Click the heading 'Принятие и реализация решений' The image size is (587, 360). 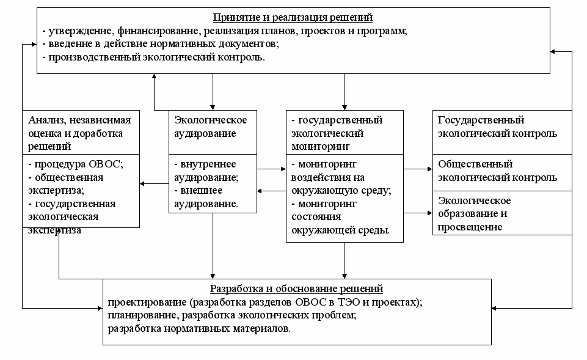pos(292,17)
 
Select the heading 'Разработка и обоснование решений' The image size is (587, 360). pos(296,288)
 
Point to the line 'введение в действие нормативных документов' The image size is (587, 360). pos(161,44)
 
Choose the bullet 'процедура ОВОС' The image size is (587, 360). pos(76,164)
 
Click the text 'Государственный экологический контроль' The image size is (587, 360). pos(497,127)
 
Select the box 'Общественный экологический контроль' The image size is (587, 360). pos(497,171)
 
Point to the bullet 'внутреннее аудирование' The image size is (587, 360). pos(206,171)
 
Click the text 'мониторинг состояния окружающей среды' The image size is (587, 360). pos(340,217)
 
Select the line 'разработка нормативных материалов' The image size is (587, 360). pos(199,329)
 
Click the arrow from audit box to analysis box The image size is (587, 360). pos(154,183)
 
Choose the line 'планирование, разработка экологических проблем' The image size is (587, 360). pos(232,315)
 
